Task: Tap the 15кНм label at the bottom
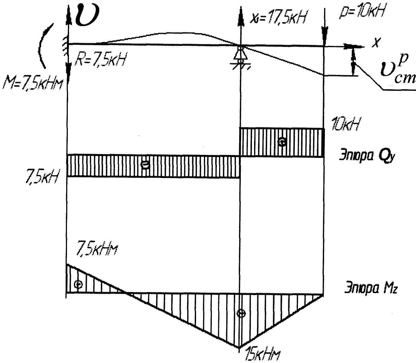pyautogui.click(x=262, y=355)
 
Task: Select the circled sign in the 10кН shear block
pyautogui.click(x=282, y=142)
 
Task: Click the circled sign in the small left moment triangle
pyautogui.click(x=78, y=284)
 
